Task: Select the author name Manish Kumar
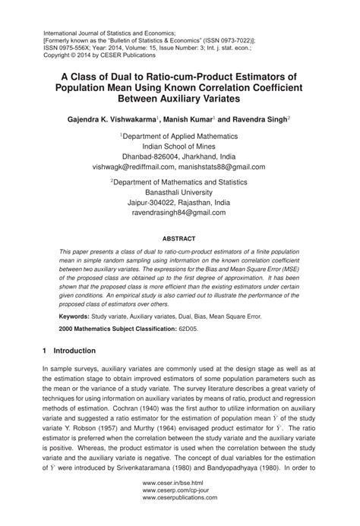pos(190,119)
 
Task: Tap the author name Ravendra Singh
pos(254,119)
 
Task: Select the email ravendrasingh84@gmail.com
pos(179,214)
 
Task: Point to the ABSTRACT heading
pos(179,237)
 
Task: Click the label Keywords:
pos(77,315)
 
